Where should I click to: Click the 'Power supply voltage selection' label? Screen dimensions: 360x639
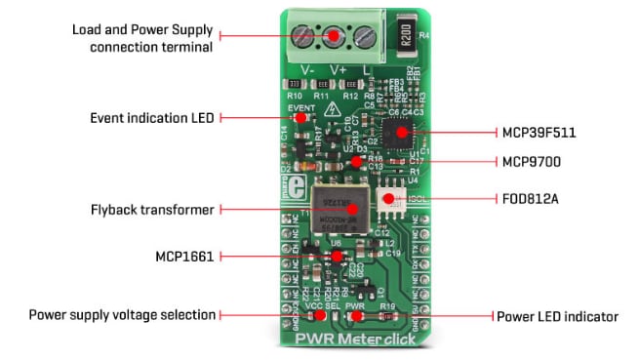(x=121, y=315)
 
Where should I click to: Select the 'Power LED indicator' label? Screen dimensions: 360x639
(x=557, y=316)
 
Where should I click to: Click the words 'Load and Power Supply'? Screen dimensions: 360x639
(x=142, y=29)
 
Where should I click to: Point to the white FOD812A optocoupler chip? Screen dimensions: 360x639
(x=391, y=200)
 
